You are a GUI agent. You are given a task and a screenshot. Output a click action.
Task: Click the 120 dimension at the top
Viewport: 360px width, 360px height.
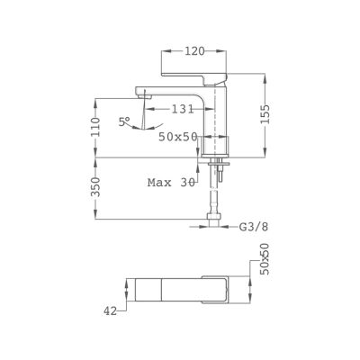coord(194,51)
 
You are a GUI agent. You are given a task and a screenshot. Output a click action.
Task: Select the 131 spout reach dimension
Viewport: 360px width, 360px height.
coord(183,109)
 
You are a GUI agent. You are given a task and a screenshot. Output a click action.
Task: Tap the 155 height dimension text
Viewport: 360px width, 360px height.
coord(265,114)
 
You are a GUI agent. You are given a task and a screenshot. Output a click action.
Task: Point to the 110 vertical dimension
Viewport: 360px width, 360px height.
coord(95,127)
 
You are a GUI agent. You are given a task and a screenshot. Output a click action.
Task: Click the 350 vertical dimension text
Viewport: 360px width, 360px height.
coord(95,186)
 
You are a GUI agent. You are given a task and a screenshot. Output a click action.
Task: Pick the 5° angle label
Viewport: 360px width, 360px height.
coord(124,121)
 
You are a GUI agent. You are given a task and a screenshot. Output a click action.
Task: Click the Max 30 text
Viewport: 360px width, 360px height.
coord(171,182)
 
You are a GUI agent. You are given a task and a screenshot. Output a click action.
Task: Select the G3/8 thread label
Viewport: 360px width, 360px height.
coord(253,227)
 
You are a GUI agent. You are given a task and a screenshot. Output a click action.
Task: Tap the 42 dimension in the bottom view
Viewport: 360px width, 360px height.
coord(110,311)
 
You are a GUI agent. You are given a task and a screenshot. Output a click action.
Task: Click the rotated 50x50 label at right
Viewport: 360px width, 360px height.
coord(265,262)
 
